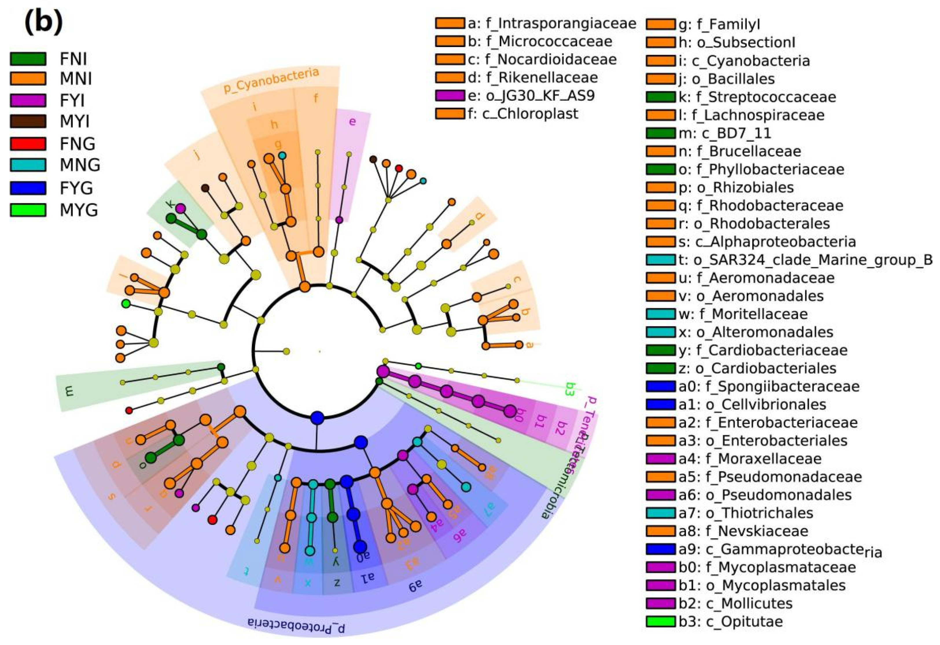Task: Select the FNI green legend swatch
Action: tap(27, 59)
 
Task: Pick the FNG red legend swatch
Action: tap(27, 143)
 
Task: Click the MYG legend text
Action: tap(79, 210)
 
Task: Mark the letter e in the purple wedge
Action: tap(352, 121)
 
